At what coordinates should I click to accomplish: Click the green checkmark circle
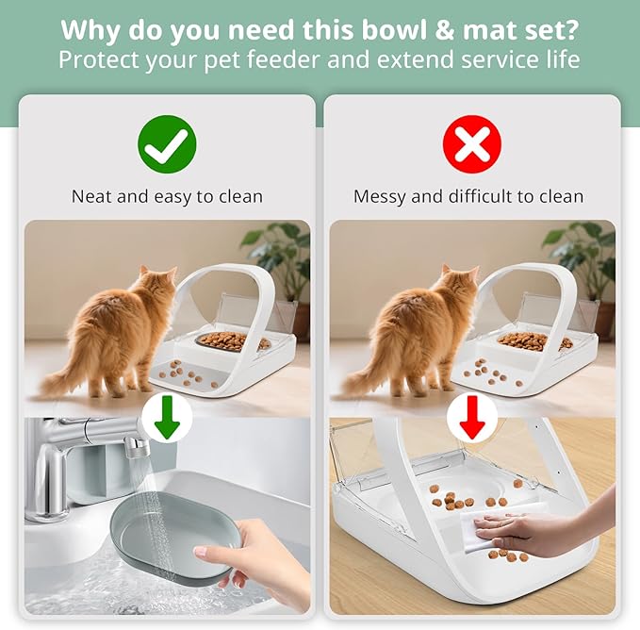(x=167, y=144)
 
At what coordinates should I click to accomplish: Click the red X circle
(x=472, y=144)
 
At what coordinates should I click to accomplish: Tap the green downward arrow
(x=168, y=417)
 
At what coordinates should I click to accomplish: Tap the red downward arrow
(x=472, y=417)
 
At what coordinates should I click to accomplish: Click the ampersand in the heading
(x=445, y=30)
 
